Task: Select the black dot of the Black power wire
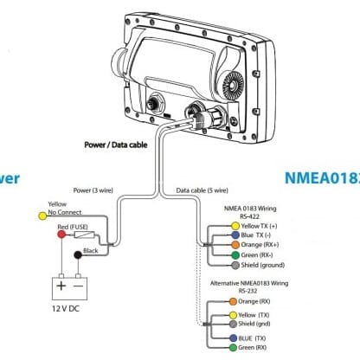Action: click(78, 255)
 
